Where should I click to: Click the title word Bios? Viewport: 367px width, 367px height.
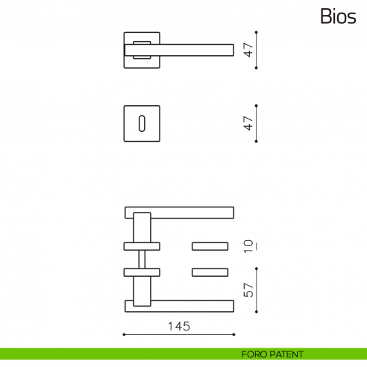point(339,16)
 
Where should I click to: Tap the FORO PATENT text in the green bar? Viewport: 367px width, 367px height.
point(272,354)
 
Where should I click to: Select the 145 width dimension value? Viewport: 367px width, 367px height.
point(179,326)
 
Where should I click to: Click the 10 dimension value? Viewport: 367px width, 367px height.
point(250,245)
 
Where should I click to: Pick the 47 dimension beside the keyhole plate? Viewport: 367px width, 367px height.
point(250,123)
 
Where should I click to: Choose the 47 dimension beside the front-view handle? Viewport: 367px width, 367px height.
point(250,50)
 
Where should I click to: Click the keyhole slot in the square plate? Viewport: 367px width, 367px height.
point(141,123)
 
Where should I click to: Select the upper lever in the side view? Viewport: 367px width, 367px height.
point(179,213)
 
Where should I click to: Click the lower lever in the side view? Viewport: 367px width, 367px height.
point(179,305)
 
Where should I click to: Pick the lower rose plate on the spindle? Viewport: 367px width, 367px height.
point(141,272)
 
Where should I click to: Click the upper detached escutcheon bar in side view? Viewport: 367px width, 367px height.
point(210,245)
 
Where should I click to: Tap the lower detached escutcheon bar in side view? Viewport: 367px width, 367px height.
point(210,272)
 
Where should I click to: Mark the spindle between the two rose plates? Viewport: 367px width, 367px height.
point(141,259)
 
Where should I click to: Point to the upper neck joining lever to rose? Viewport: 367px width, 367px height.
point(141,228)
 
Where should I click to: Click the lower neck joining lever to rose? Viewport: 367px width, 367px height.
point(141,289)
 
